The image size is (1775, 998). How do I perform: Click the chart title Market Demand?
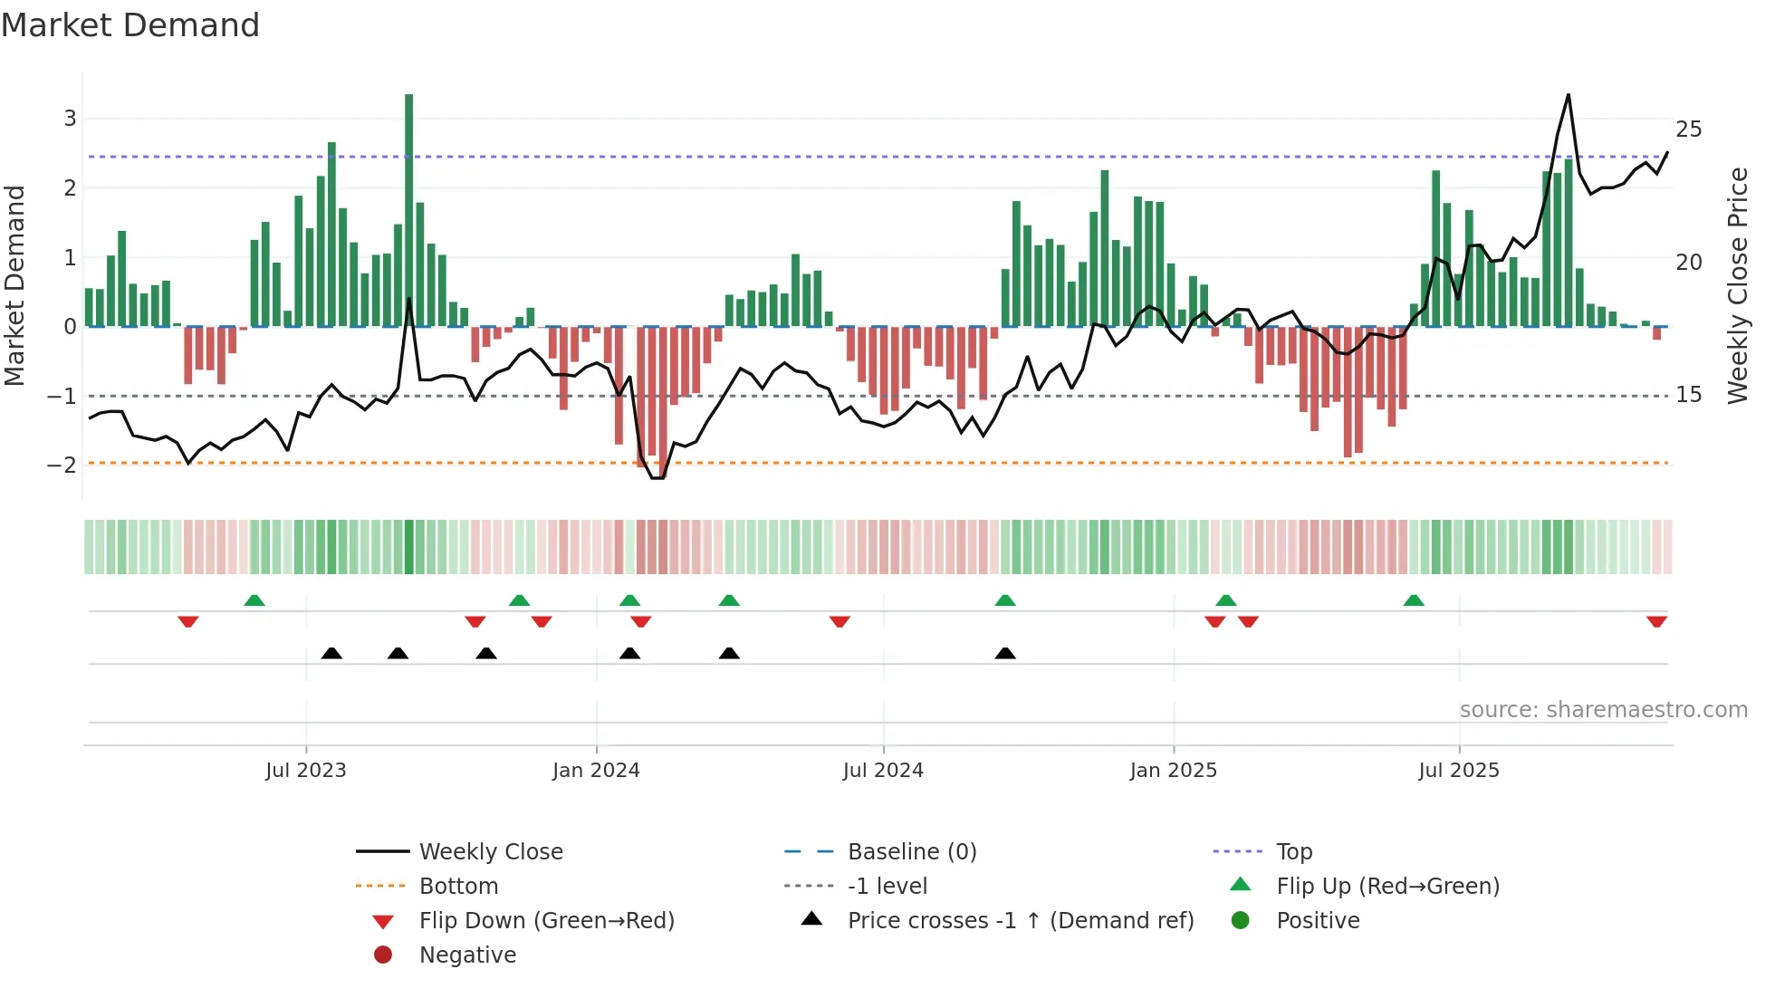click(130, 25)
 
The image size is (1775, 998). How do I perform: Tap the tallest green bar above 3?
click(409, 208)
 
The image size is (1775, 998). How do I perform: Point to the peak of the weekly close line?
click(1569, 95)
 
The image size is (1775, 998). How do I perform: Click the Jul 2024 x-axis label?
click(883, 771)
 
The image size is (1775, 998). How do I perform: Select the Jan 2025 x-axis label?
click(1174, 771)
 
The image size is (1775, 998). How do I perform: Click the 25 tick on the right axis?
click(1688, 130)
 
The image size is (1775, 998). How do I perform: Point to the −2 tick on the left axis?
click(62, 465)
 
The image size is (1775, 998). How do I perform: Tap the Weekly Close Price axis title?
click(1737, 285)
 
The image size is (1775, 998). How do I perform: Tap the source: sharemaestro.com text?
click(1603, 710)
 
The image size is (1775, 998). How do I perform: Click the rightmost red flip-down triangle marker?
click(1656, 622)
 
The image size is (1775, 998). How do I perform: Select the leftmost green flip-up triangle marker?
click(254, 600)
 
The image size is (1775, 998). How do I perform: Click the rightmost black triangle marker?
click(1005, 653)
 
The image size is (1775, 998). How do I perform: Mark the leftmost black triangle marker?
click(331, 653)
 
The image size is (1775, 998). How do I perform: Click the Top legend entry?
click(1294, 852)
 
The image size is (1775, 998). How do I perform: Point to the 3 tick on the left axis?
click(70, 119)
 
